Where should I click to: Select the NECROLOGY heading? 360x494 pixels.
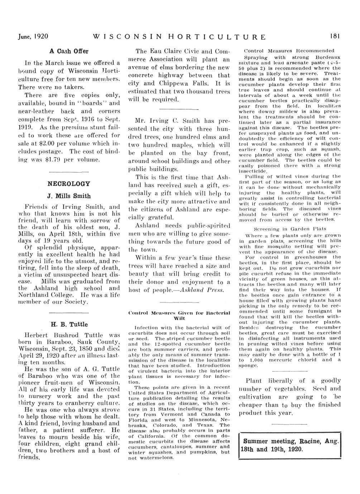pos(69,184)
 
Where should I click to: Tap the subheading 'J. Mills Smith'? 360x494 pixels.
pos(69,196)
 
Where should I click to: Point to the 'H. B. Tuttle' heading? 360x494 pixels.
pos(69,324)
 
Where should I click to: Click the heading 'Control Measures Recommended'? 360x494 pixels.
pos(288,51)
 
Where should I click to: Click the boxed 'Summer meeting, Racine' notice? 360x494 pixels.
pos(289,445)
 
